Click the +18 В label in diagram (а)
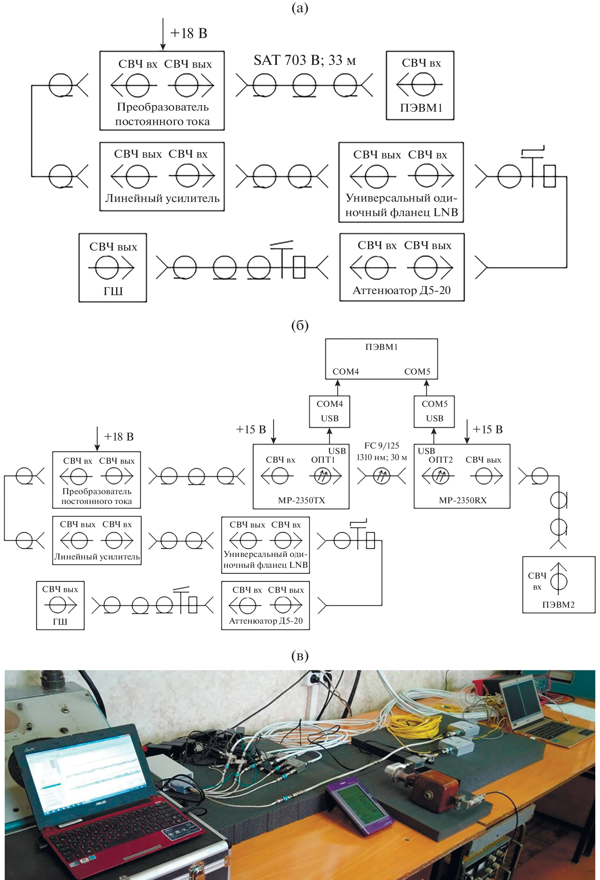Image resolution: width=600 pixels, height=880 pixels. tap(189, 33)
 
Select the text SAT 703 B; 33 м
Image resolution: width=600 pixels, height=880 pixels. tap(305, 60)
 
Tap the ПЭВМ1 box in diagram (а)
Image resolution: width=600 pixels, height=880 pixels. tap(420, 86)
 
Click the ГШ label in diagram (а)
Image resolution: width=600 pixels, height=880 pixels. tap(113, 291)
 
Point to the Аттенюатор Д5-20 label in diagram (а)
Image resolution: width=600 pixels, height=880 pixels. tap(402, 290)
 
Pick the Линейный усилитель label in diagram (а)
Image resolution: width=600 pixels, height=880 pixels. tap(162, 198)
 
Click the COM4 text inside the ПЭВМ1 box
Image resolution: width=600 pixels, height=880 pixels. tap(345, 371)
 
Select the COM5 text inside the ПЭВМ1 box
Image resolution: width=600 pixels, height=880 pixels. tap(417, 371)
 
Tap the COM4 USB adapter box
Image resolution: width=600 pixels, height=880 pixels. tap(329, 411)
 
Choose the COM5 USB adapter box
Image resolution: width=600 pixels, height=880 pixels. tap(434, 411)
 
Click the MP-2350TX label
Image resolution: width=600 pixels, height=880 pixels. tap(301, 500)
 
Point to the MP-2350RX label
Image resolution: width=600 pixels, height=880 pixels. tap(463, 500)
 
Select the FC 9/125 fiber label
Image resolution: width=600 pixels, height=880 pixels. tap(382, 446)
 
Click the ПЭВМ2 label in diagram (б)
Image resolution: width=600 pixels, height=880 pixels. tap(558, 605)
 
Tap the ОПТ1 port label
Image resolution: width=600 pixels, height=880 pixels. tap(323, 460)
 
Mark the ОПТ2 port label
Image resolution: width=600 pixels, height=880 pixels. tap(440, 460)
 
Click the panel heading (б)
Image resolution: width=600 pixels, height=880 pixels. tap(300, 325)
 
